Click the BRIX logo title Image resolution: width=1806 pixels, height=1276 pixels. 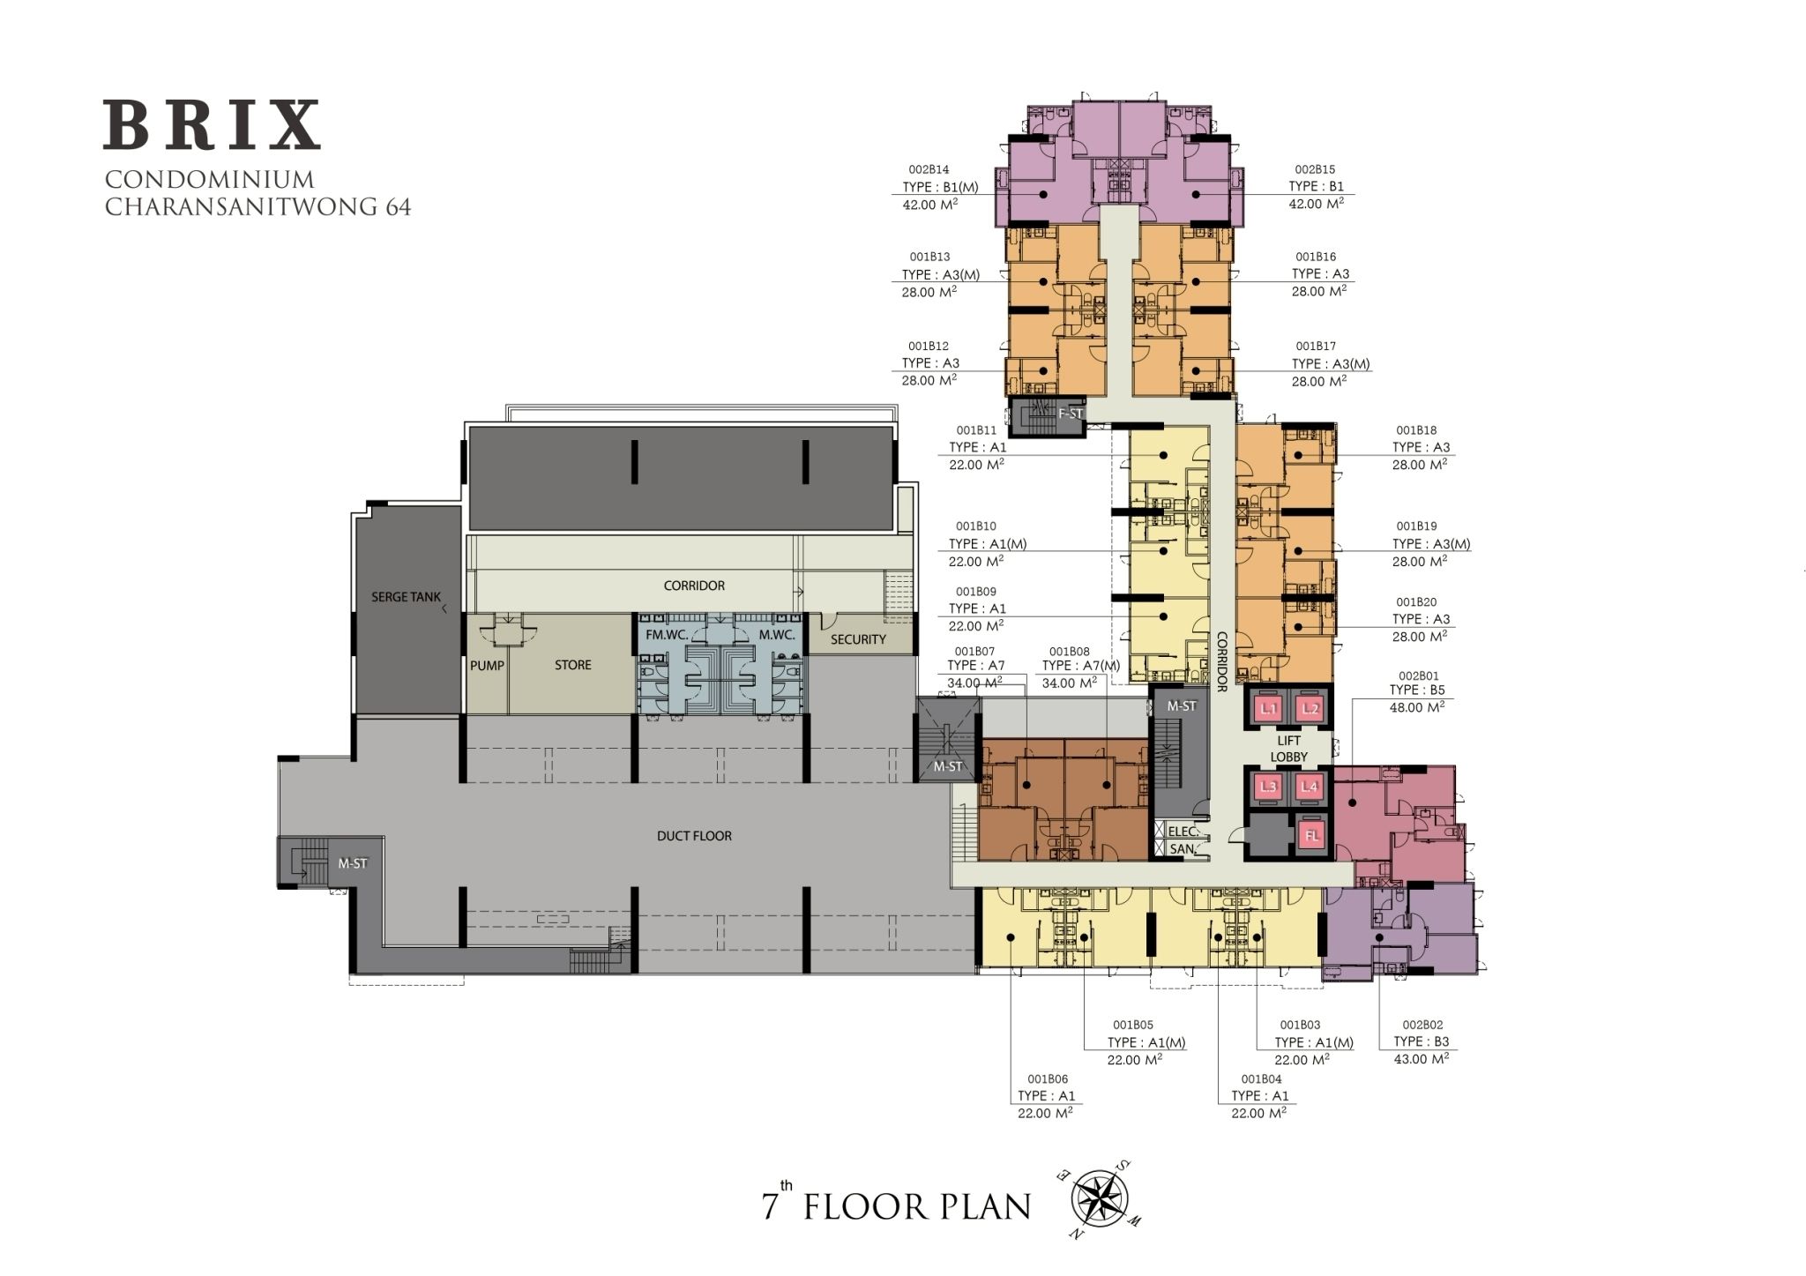212,125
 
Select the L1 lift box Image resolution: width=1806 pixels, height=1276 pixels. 1268,708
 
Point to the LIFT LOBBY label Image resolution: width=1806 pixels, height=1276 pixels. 1288,749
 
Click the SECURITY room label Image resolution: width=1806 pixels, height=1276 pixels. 857,639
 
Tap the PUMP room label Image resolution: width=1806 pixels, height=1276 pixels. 486,666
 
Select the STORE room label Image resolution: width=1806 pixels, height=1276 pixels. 572,666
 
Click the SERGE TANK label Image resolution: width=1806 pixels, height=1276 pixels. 406,597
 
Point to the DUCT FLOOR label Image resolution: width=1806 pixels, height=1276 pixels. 694,836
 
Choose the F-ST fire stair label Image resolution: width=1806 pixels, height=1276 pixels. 1071,413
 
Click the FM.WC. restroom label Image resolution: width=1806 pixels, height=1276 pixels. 666,635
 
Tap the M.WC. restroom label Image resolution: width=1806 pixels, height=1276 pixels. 776,635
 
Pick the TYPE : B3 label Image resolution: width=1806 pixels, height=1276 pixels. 1421,1041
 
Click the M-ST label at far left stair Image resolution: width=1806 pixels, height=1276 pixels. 352,863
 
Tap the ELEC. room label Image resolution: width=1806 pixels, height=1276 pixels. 1182,832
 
